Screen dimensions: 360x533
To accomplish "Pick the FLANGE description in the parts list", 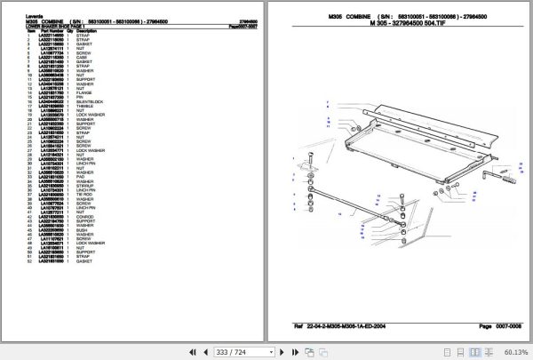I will pyautogui.click(x=84, y=92).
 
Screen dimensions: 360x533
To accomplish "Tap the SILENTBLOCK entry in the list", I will pyautogui.click(x=89, y=102).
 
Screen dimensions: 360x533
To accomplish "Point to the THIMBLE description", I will pyautogui.click(x=85, y=107).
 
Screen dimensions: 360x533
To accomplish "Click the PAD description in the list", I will pyautogui.click(x=81, y=176).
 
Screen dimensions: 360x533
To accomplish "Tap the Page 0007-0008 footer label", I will pyautogui.click(x=493, y=328).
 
